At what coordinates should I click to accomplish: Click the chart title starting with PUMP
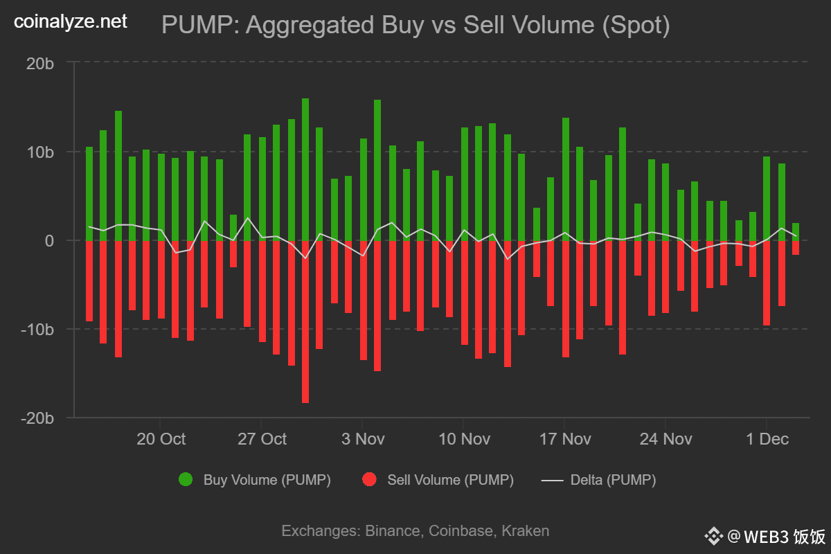pyautogui.click(x=415, y=25)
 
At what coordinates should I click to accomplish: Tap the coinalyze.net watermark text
pyautogui.click(x=71, y=21)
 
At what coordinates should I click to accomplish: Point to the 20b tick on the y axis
pyautogui.click(x=39, y=63)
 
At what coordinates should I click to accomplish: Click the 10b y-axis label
pyautogui.click(x=39, y=152)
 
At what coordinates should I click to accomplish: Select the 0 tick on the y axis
pyautogui.click(x=49, y=240)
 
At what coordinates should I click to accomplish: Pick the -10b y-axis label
pyautogui.click(x=37, y=329)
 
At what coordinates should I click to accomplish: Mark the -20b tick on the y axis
pyautogui.click(x=37, y=418)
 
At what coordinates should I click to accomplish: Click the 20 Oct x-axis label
pyautogui.click(x=161, y=439)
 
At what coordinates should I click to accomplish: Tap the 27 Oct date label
pyautogui.click(x=262, y=439)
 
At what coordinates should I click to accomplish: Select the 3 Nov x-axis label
pyautogui.click(x=363, y=439)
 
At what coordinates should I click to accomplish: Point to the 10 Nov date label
pyautogui.click(x=464, y=439)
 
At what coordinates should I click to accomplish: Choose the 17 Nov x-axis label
pyautogui.click(x=565, y=439)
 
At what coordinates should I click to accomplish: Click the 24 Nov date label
pyautogui.click(x=666, y=439)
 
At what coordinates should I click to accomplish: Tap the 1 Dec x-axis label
pyautogui.click(x=767, y=439)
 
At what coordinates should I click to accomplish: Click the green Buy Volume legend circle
pyautogui.click(x=186, y=479)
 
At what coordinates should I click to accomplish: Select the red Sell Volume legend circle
pyautogui.click(x=369, y=479)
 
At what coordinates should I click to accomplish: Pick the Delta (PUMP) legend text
pyautogui.click(x=613, y=479)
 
